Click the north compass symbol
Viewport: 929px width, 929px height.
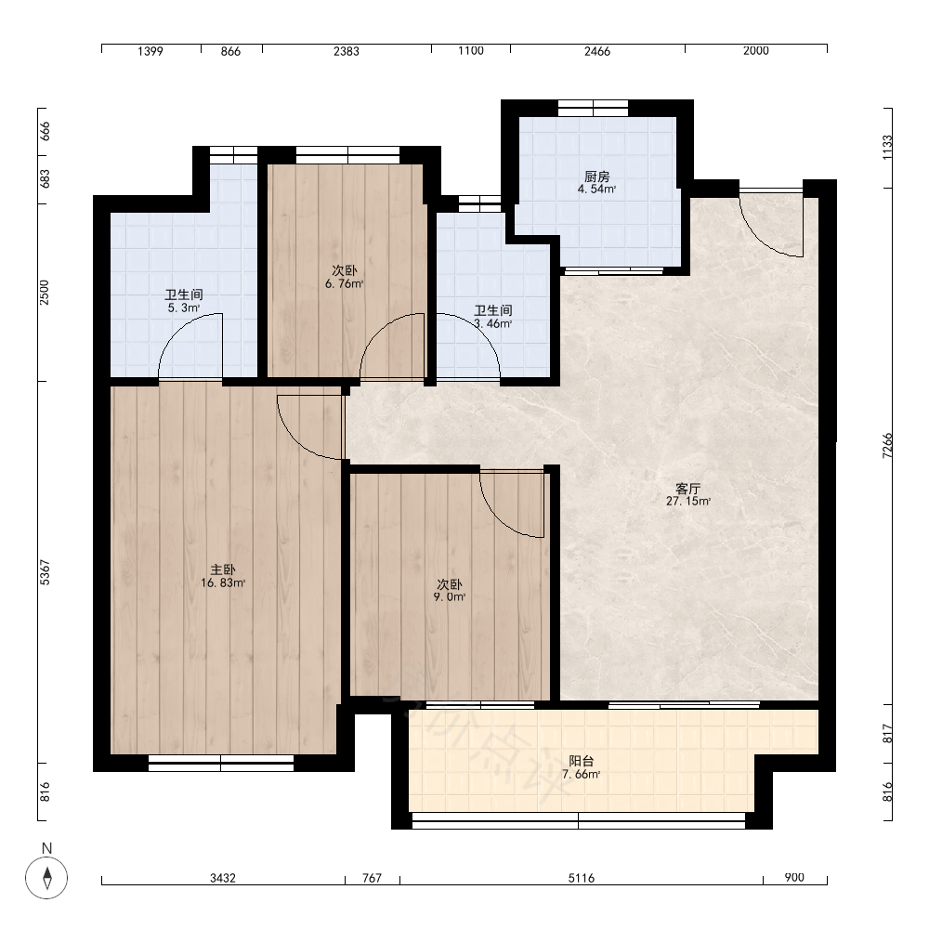tap(46, 877)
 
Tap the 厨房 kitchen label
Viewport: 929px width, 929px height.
tap(596, 177)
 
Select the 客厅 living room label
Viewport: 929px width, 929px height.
tap(687, 489)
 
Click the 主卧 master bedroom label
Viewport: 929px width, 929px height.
tap(223, 570)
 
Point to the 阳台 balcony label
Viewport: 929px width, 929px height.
tap(582, 762)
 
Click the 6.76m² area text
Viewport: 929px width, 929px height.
tap(345, 283)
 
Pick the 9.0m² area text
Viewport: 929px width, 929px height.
tap(449, 597)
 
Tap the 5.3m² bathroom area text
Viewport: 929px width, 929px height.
tap(184, 308)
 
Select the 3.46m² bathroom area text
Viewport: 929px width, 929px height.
tap(493, 324)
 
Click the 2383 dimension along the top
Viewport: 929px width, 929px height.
tap(346, 51)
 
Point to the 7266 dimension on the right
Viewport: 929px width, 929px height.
tap(887, 446)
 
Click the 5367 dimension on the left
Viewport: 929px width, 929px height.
tap(45, 572)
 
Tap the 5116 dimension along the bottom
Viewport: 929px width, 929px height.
tap(582, 878)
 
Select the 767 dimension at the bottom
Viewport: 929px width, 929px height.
tap(373, 878)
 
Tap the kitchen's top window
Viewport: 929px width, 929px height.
tap(593, 109)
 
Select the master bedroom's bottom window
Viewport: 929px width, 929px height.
tap(221, 763)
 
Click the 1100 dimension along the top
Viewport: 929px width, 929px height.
tap(471, 51)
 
